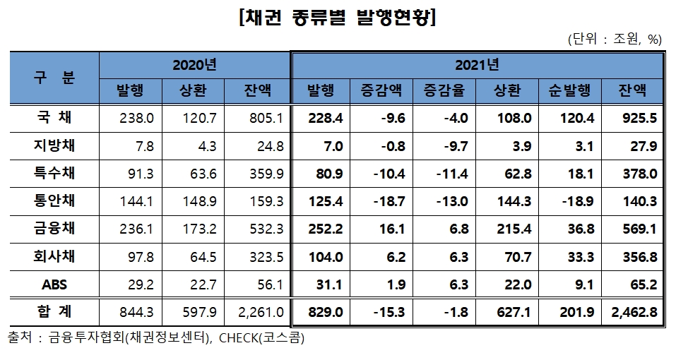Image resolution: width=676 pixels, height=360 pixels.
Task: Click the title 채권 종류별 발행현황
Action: [x=338, y=18]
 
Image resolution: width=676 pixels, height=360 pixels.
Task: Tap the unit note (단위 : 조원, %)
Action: [x=614, y=40]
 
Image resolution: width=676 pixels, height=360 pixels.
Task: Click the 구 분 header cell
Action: [x=54, y=78]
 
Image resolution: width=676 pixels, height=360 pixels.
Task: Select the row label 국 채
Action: [x=54, y=118]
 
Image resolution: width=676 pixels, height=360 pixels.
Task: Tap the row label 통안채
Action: [x=54, y=201]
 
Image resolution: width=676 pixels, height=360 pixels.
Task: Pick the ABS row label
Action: [x=54, y=284]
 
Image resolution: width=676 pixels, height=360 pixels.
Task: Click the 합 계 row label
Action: [x=54, y=312]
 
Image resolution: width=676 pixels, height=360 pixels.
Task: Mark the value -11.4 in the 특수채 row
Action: [x=451, y=174]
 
